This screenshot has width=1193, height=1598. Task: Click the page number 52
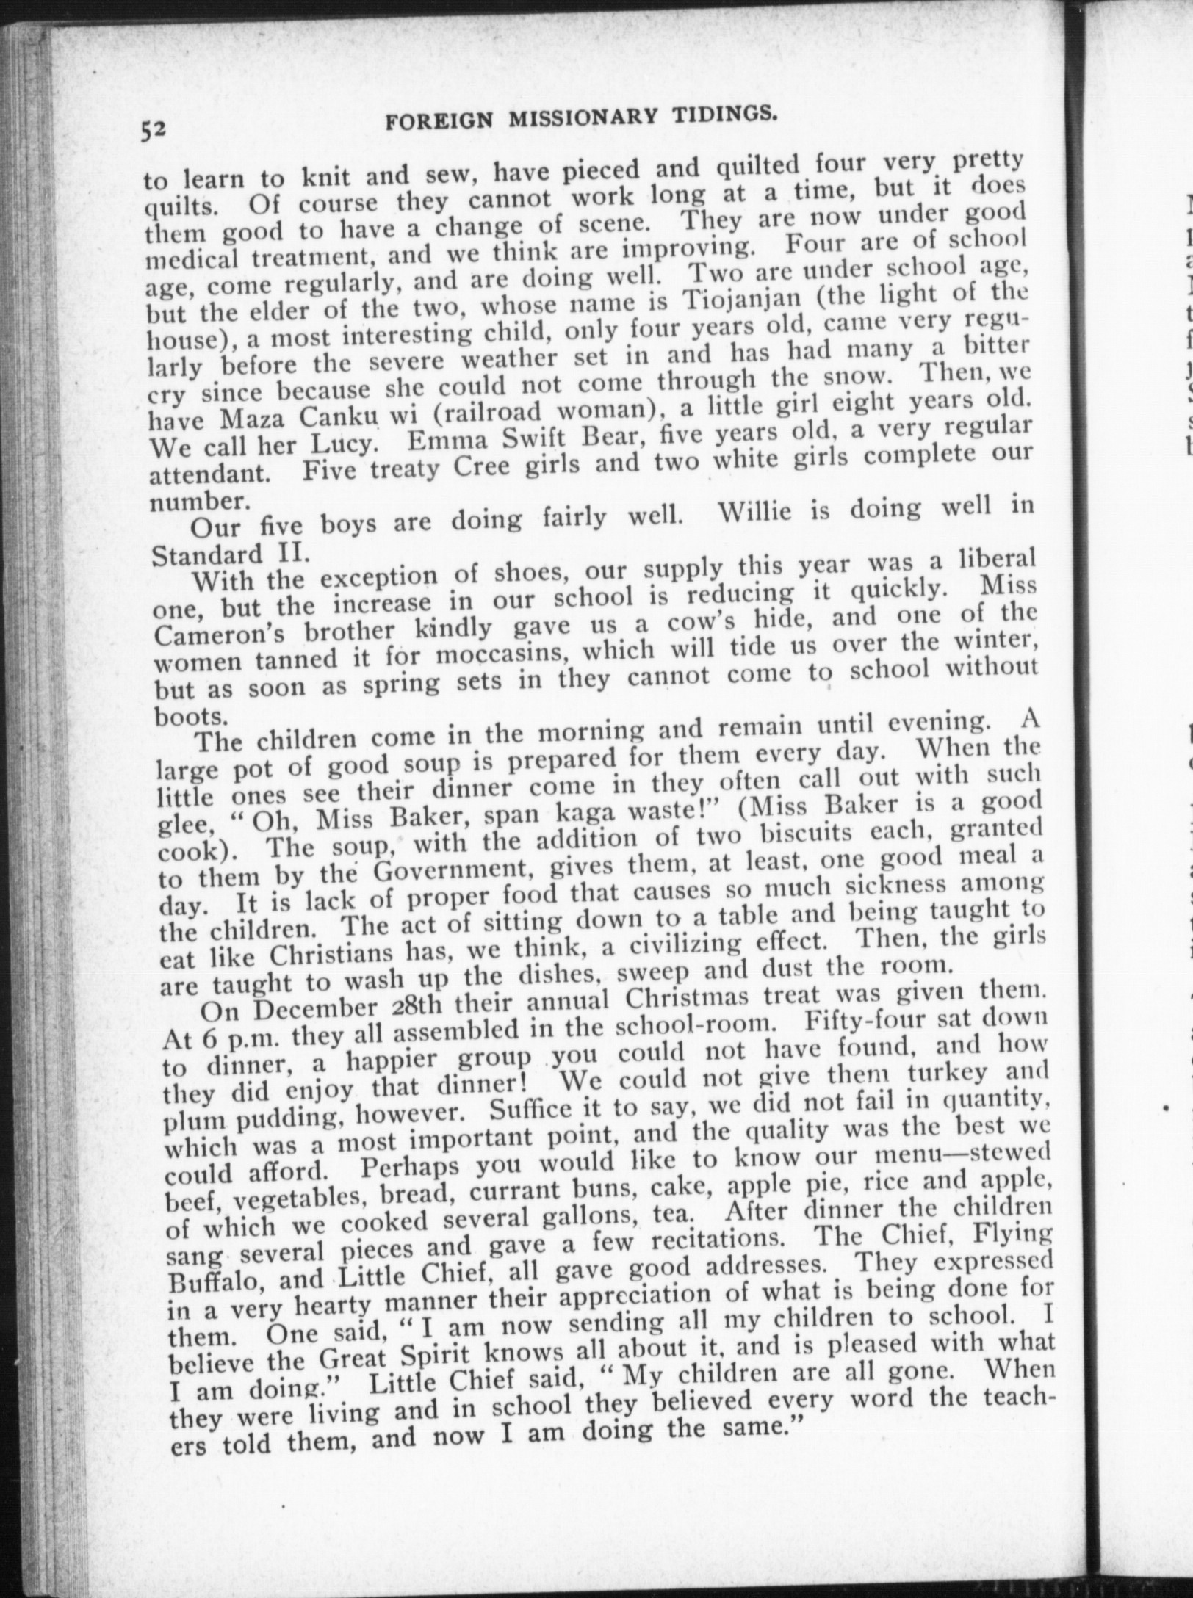(x=156, y=130)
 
